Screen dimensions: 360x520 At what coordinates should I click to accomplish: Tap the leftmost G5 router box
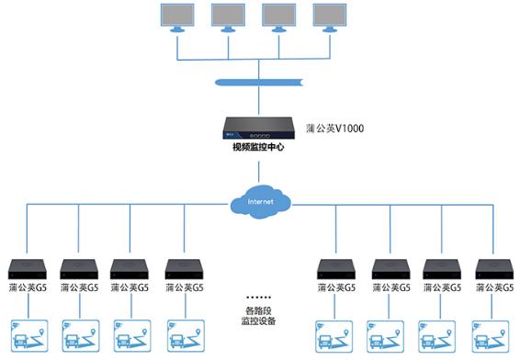(28, 269)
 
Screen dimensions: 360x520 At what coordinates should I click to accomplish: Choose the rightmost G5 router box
(493, 269)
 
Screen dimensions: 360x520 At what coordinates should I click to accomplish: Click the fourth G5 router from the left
(183, 269)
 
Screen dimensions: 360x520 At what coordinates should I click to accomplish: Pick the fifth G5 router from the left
(335, 269)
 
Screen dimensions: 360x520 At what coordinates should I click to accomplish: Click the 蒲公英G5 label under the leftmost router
(28, 288)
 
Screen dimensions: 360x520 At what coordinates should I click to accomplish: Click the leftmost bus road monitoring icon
(28, 336)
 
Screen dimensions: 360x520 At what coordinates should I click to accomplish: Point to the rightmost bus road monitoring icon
(492, 336)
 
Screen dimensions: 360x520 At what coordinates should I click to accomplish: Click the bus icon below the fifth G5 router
(334, 336)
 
